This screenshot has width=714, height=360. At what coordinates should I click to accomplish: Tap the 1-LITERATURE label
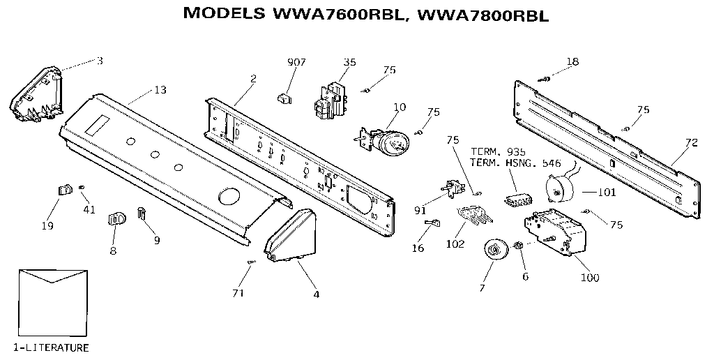coord(51,347)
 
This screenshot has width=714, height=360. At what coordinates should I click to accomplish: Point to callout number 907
coord(296,62)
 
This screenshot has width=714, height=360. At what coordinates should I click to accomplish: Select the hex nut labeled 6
coord(519,245)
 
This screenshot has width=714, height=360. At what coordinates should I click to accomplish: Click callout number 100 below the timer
coord(589,278)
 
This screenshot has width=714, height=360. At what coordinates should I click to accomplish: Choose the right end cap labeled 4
coord(292,238)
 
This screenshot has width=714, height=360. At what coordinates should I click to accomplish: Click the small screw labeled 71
coord(251,262)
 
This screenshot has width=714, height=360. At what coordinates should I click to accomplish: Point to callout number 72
coord(690,143)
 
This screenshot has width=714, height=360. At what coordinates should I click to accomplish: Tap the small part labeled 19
coord(65,190)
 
